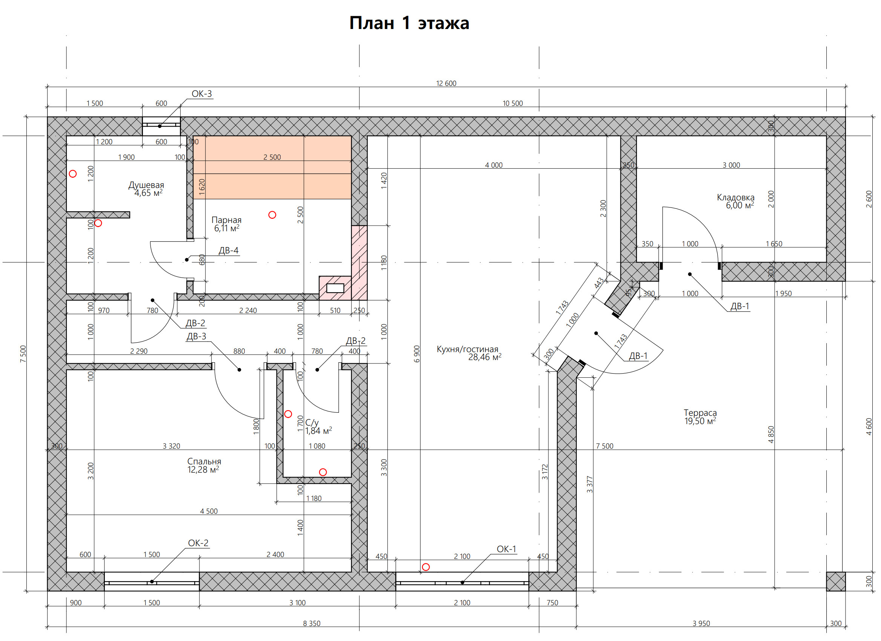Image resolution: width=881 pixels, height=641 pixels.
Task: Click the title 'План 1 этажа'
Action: coord(409,23)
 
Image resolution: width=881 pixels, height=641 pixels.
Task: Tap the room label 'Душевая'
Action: coord(146,185)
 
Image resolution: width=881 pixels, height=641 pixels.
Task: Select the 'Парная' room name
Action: coord(226,220)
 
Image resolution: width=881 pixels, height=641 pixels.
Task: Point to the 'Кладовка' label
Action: coord(735,197)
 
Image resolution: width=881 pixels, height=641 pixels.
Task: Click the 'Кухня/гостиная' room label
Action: coord(467,349)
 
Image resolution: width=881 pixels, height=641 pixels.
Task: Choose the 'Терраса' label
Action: coord(700,413)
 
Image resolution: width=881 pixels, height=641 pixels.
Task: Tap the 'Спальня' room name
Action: coord(204,461)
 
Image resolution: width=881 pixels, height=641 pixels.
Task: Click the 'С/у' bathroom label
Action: coord(312,423)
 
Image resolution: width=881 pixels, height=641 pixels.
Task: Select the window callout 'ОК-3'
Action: coord(202,93)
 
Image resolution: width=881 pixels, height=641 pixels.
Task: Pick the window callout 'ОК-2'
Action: coord(198,543)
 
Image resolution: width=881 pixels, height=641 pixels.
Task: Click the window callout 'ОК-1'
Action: coord(506,549)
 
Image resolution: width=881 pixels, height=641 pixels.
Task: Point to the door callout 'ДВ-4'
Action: coord(229,250)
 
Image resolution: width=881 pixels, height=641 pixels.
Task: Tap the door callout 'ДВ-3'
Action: coord(196,336)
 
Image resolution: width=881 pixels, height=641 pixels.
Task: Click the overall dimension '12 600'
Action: coord(446,84)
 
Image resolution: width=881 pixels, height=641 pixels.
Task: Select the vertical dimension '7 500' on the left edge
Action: coord(23,354)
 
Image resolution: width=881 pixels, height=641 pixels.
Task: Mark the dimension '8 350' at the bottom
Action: coord(312,624)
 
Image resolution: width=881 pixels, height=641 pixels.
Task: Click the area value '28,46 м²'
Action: coord(484,357)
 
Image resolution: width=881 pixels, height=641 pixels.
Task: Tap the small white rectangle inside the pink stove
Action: coord(335,288)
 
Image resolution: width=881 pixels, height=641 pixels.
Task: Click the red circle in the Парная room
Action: coord(272,215)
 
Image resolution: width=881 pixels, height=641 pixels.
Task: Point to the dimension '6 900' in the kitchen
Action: coord(417,354)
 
